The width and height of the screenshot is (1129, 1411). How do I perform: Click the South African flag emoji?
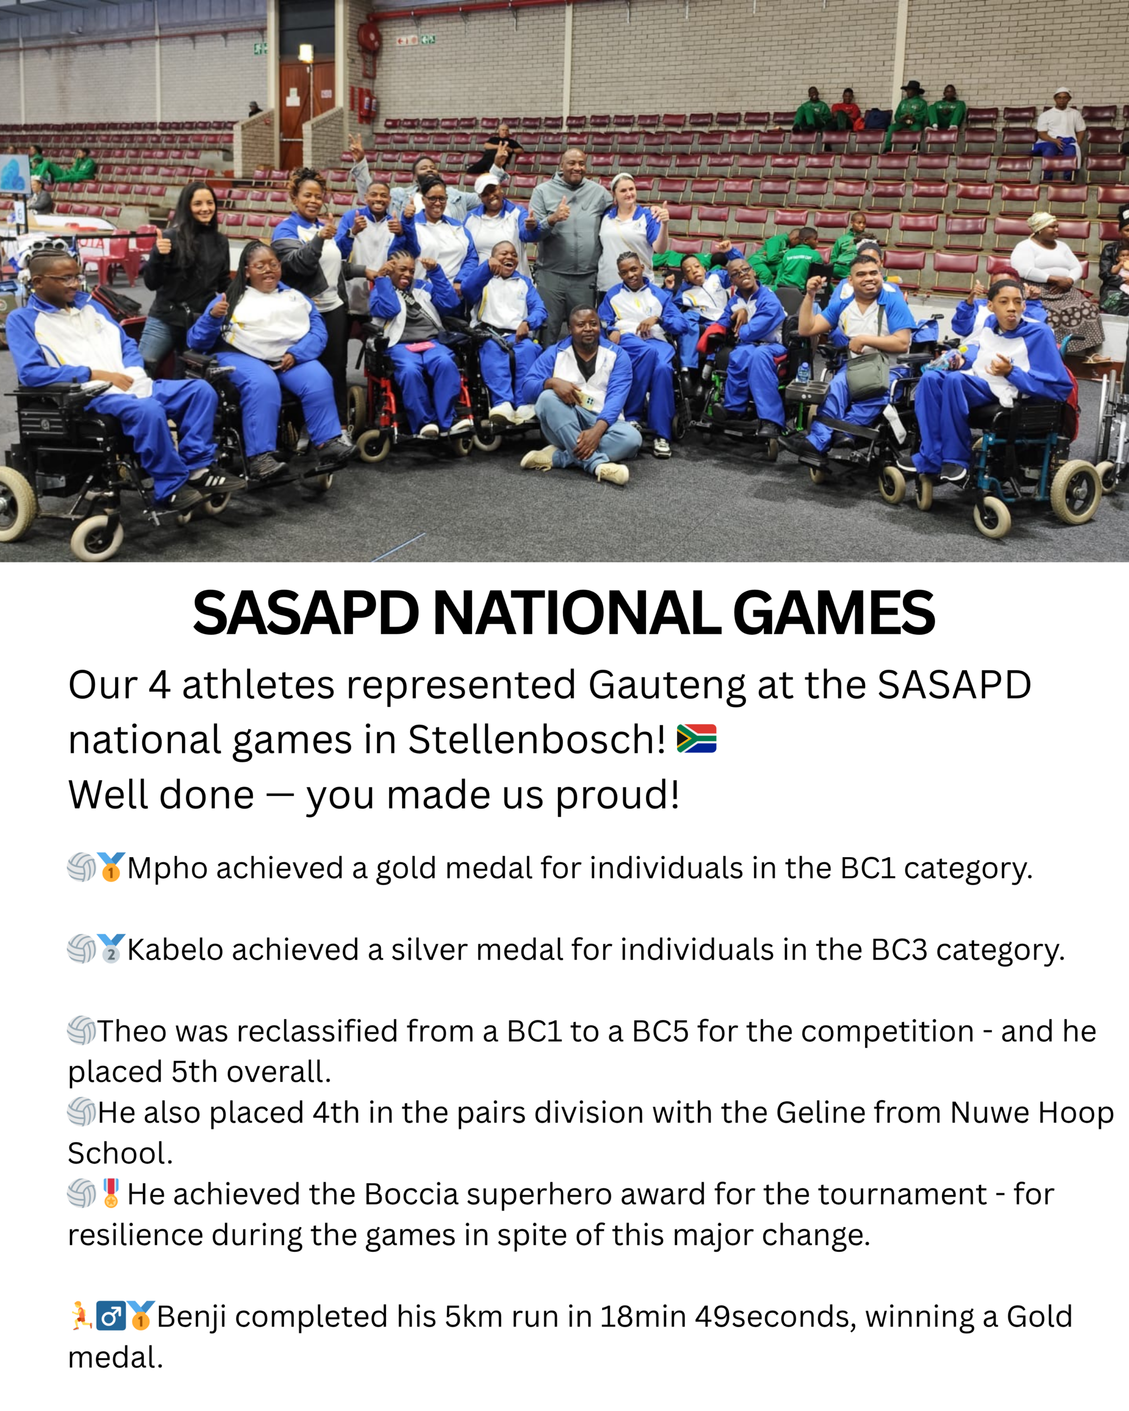tap(696, 739)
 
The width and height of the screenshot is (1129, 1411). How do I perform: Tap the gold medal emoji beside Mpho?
tap(111, 867)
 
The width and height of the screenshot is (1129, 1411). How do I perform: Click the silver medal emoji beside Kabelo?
tap(111, 949)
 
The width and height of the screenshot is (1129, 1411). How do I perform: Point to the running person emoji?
tap(81, 1316)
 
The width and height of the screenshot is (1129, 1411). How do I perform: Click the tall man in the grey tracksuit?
tap(571, 242)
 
